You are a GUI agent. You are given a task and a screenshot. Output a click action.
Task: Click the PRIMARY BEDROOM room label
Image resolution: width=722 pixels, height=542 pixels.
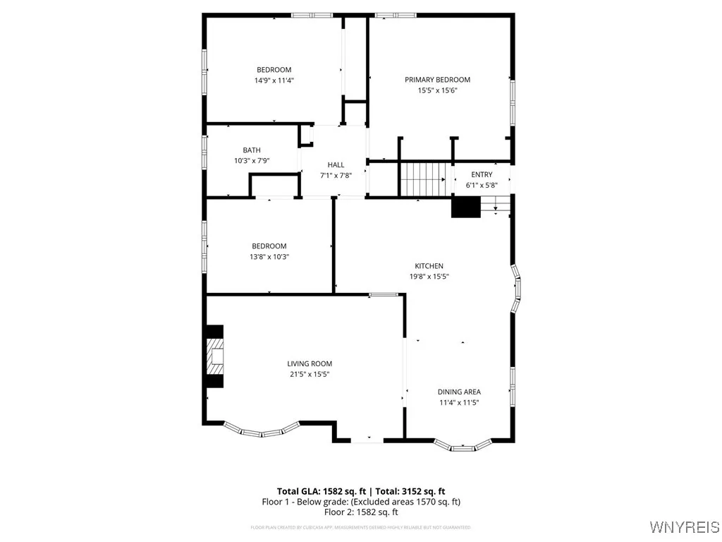[437, 80]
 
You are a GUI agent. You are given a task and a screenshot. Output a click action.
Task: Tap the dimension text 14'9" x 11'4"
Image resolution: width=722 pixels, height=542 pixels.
[274, 80]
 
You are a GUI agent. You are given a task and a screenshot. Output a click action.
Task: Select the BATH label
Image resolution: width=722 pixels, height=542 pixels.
[252, 150]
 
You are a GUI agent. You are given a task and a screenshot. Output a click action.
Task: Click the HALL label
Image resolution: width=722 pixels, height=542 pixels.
[336, 164]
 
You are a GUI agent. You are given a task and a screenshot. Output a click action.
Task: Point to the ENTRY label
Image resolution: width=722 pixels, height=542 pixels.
[482, 174]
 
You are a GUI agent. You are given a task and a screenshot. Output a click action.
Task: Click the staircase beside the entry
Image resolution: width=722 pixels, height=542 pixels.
[424, 179]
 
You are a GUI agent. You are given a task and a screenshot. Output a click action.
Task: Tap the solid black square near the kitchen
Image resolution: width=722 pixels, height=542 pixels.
[465, 207]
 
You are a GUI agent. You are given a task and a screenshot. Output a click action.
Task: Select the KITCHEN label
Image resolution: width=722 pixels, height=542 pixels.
[429, 266]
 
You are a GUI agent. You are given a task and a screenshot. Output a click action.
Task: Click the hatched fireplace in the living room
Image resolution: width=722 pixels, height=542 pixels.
[214, 356]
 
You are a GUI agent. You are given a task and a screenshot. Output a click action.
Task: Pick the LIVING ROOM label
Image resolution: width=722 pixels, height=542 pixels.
[309, 364]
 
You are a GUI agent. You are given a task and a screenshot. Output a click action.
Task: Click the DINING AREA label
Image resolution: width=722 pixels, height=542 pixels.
[459, 392]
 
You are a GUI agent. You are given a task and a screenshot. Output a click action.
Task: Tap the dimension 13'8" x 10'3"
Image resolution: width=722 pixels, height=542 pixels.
[269, 257]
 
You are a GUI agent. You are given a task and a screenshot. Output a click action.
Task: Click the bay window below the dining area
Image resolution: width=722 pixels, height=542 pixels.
[463, 446]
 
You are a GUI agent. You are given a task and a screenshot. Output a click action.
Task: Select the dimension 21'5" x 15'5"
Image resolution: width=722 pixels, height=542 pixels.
[309, 375]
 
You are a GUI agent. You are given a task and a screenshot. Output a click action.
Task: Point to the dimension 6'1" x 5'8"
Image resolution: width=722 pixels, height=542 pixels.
[482, 186]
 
